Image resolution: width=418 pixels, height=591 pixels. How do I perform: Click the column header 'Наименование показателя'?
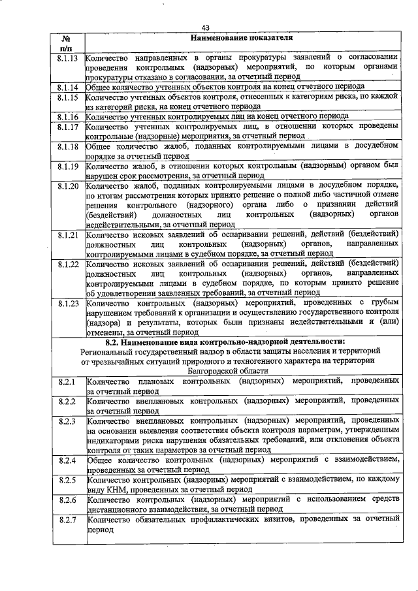[242, 38]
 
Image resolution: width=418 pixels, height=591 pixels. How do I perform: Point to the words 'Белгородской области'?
[242, 370]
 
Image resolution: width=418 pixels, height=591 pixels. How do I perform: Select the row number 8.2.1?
[67, 380]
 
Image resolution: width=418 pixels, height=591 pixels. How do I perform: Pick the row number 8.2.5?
[67, 480]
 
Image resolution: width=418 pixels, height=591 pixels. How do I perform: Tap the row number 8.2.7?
[67, 520]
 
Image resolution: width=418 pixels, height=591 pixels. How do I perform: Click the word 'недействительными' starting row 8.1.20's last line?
[124, 223]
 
